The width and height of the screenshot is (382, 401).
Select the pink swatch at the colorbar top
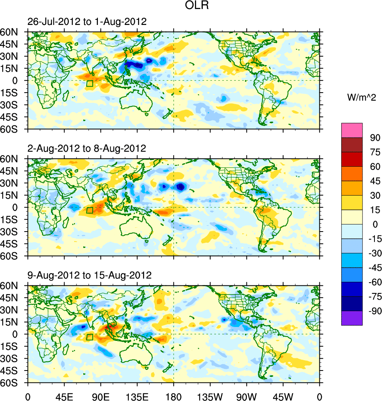point(352,130)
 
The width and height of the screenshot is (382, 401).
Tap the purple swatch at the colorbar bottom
point(352,318)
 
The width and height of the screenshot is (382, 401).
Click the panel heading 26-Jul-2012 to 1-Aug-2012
point(87,22)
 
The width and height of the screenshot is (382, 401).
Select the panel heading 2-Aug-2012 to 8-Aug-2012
point(87,148)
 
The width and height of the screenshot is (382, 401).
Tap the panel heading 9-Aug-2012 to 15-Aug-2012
point(90,275)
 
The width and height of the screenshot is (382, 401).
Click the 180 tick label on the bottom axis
point(174,396)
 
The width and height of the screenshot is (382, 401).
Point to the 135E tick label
point(137,396)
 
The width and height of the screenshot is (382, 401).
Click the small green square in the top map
point(90,84)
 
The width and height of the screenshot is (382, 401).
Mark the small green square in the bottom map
point(90,337)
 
